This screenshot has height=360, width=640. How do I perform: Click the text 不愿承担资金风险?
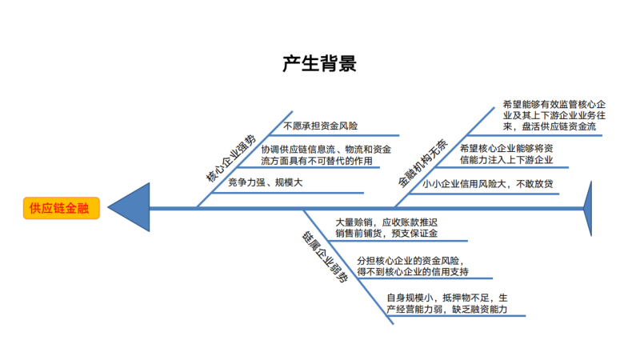(320, 126)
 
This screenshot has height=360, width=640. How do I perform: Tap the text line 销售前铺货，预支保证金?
(386, 234)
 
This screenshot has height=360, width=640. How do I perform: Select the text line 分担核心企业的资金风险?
(408, 260)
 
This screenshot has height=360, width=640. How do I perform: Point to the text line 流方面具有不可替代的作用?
(317, 161)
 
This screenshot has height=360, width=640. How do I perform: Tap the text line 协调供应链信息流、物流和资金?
(326, 149)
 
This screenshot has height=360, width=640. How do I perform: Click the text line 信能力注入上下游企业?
(506, 161)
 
